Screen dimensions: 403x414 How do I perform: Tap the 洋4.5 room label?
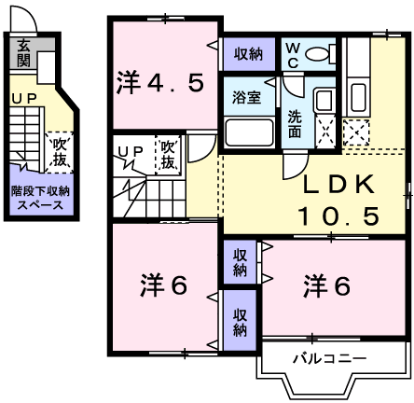[160, 83]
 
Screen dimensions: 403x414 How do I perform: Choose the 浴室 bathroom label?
[247, 96]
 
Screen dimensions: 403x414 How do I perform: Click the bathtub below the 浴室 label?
[248, 132]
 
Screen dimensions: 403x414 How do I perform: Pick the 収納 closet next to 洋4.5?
[248, 52]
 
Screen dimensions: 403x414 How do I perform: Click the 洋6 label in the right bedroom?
[326, 286]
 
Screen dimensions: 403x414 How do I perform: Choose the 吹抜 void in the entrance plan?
[57, 151]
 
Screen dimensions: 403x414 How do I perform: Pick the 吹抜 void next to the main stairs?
[168, 155]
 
